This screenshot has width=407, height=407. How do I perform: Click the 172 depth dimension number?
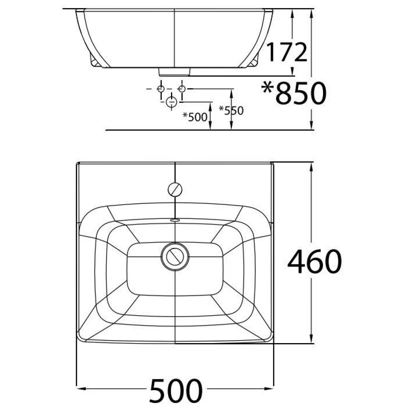point(286,52)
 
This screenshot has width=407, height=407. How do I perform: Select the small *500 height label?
point(195,117)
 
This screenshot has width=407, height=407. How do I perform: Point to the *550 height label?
point(231,111)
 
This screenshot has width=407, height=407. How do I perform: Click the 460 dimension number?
point(314,261)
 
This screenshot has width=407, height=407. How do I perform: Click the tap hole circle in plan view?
point(175,189)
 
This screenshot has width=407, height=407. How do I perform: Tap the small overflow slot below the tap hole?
point(175,220)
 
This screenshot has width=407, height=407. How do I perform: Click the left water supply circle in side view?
point(161,89)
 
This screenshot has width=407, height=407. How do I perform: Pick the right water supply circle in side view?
point(182,89)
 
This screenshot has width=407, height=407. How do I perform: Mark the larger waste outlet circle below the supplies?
point(171,102)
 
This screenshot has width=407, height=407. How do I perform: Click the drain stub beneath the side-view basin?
point(175,71)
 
